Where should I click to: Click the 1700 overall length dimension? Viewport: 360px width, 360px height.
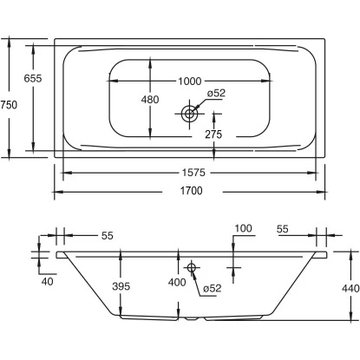pyautogui.click(x=192, y=191)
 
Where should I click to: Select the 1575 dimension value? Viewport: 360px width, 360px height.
pyautogui.click(x=193, y=173)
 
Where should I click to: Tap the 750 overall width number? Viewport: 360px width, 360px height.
pyautogui.click(x=9, y=105)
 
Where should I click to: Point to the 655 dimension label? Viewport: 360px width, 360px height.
pyautogui.click(x=33, y=78)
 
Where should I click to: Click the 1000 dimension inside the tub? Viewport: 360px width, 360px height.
pyautogui.click(x=190, y=82)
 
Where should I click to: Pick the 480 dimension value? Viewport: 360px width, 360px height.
pyautogui.click(x=150, y=100)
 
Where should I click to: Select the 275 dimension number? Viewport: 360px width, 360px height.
pyautogui.click(x=213, y=134)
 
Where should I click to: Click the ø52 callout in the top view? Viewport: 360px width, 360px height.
pyautogui.click(x=216, y=93)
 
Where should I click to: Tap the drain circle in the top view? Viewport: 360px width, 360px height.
pyautogui.click(x=189, y=114)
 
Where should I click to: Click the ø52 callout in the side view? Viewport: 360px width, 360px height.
pyautogui.click(x=213, y=288)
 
